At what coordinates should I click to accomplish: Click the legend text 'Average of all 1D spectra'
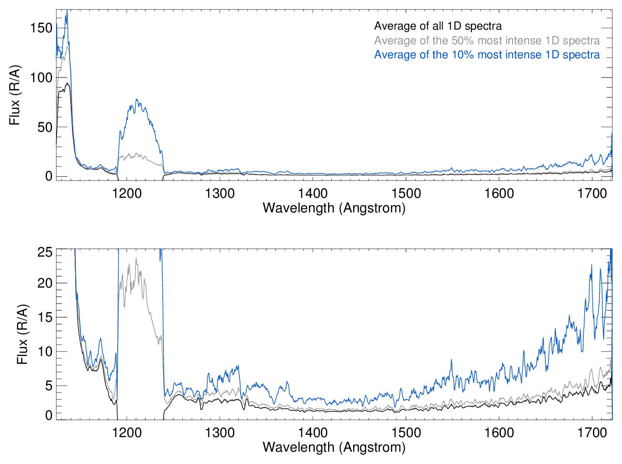438,26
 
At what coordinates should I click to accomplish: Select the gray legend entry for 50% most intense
487,41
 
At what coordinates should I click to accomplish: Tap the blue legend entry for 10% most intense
487,55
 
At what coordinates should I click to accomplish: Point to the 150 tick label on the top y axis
41,28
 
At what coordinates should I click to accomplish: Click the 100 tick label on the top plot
41,77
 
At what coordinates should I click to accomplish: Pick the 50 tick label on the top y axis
45,127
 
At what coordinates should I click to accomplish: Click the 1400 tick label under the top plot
313,193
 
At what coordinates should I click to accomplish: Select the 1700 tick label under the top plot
592,193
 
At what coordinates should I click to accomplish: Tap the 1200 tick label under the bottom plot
127,432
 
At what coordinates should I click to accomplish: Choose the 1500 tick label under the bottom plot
406,432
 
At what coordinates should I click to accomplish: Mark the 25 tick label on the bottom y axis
45,252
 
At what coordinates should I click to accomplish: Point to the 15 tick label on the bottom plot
45,317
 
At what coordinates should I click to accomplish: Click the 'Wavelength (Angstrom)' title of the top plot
334,208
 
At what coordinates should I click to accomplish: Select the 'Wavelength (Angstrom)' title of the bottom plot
334,447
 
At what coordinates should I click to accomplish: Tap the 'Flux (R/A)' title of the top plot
15,95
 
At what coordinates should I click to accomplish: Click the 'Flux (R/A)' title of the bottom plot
22,334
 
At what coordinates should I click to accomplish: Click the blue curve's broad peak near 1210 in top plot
137,100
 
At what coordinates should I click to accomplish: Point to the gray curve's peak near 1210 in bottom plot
136,259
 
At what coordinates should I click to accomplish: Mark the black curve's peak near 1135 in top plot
67,83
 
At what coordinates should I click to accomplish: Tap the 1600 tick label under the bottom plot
499,432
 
